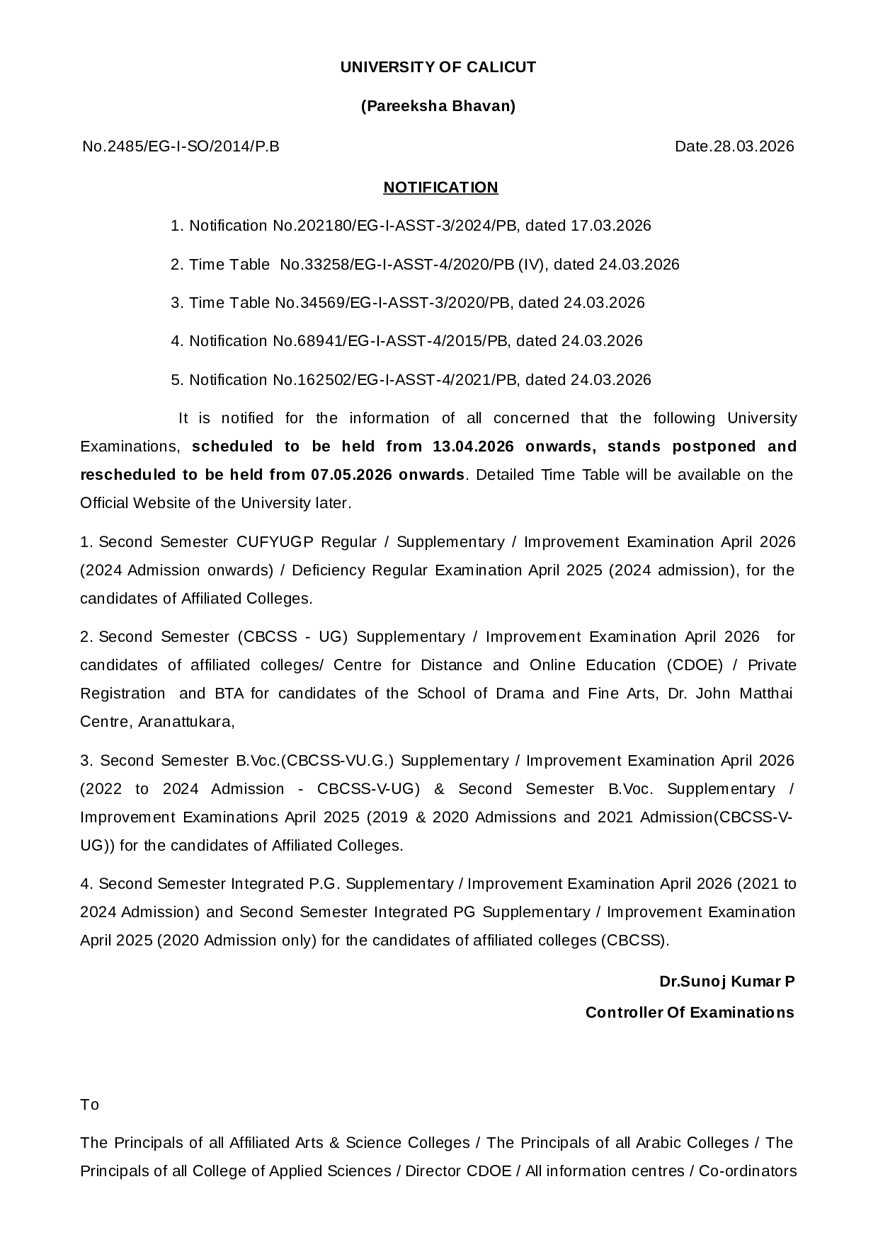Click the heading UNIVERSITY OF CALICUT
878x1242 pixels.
438,67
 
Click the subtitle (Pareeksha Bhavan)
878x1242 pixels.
438,106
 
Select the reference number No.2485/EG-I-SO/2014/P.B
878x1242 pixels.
181,146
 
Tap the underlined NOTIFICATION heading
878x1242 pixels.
440,188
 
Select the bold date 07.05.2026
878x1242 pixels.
352,475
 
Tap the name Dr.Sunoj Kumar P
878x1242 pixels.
726,982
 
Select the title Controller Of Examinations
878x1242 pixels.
690,1013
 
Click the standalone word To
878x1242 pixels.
90,1105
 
